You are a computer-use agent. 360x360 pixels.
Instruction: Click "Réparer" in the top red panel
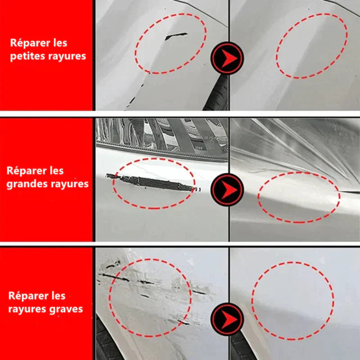point(27,43)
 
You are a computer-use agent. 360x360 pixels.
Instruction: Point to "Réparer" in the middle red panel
point(23,171)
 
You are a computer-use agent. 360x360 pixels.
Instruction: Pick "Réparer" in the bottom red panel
point(25,296)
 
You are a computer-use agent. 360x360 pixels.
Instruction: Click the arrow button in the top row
point(227,58)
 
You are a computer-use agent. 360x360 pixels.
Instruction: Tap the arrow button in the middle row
point(227,189)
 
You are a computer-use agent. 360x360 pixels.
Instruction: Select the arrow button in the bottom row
point(227,319)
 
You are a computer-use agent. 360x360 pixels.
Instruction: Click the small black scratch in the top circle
point(176,36)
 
